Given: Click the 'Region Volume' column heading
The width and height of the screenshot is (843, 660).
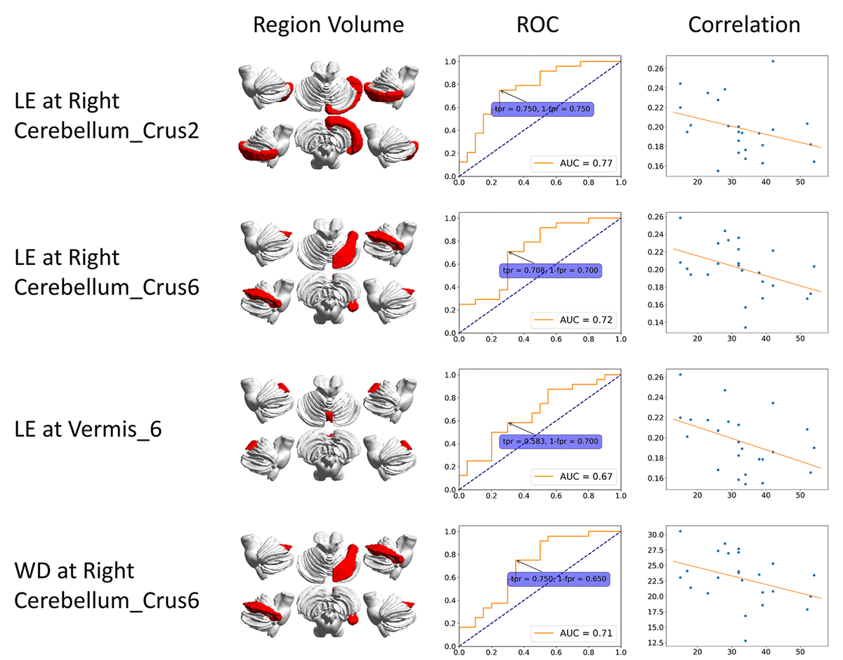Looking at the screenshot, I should tap(328, 25).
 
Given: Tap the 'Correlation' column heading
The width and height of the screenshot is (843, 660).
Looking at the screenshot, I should tap(744, 25).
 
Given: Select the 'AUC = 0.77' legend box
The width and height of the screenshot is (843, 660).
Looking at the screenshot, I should tap(572, 164).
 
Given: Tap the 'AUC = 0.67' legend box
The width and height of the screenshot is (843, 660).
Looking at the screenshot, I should tap(572, 477).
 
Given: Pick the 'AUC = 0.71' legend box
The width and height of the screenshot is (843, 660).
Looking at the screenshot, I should tap(572, 633).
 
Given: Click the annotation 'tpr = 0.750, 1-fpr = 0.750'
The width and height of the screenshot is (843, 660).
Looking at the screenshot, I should tap(542, 110).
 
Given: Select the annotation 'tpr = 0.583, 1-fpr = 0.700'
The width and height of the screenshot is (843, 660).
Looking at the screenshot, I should tap(551, 441).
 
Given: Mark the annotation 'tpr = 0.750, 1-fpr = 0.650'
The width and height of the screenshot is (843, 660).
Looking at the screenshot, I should tap(558, 579).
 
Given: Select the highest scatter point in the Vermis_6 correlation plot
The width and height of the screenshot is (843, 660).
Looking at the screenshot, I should tap(680, 375).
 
